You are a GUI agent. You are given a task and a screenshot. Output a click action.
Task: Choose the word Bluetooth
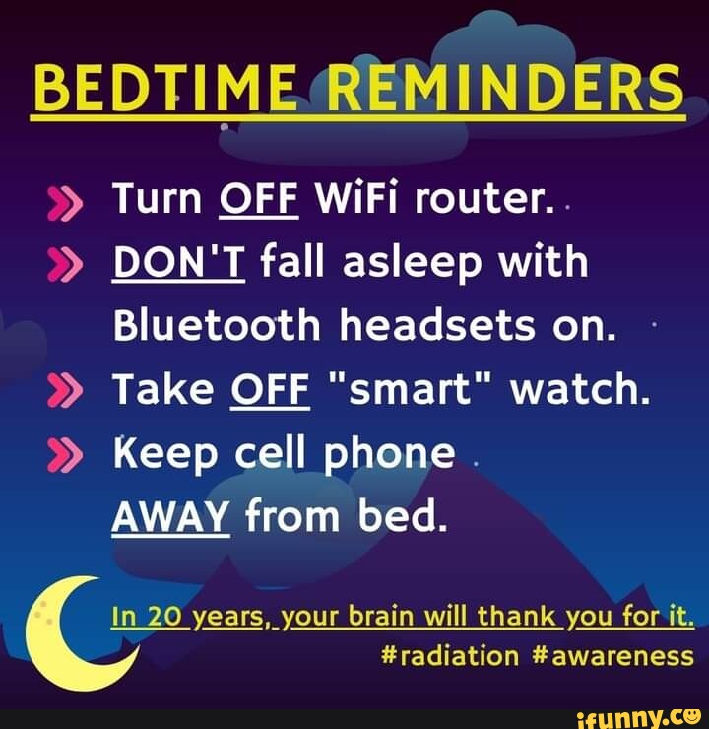coord(218,326)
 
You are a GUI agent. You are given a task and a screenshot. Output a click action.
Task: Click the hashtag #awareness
coord(612,656)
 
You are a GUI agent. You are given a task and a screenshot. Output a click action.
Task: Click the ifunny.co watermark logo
coord(641,717)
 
